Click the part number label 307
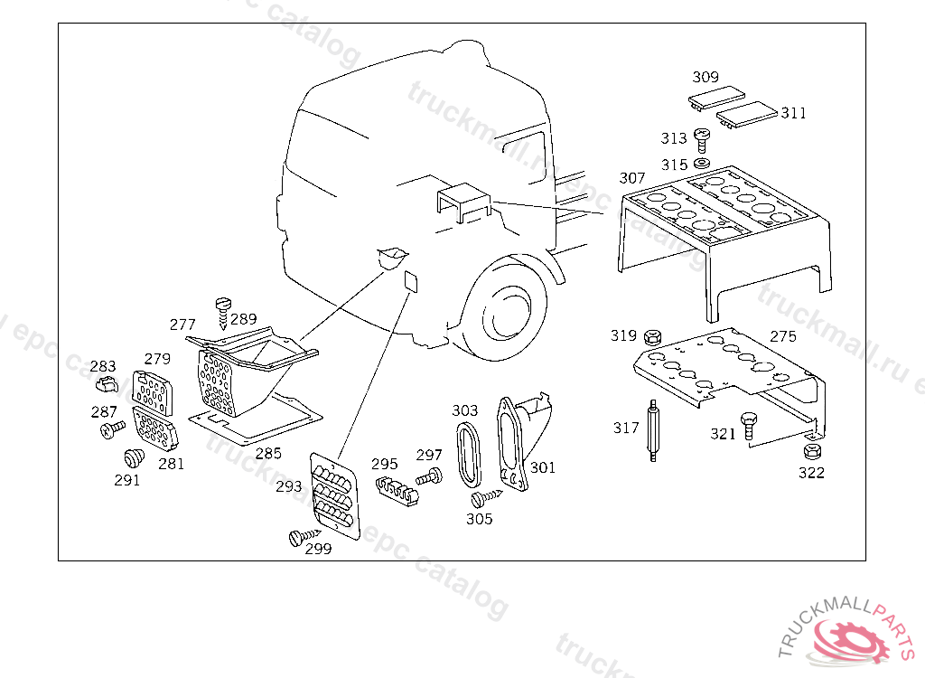tap(631, 178)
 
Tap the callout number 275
tap(783, 336)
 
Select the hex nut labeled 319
tap(652, 338)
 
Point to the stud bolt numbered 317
tap(653, 430)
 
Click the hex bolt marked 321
tap(749, 426)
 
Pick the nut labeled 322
tap(812, 452)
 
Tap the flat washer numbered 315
tap(701, 163)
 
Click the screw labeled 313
tap(701, 140)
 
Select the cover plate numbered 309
tap(716, 97)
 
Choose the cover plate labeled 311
tap(747, 115)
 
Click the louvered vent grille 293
tap(334, 495)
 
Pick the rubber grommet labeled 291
tap(134, 458)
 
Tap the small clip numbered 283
tap(107, 384)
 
